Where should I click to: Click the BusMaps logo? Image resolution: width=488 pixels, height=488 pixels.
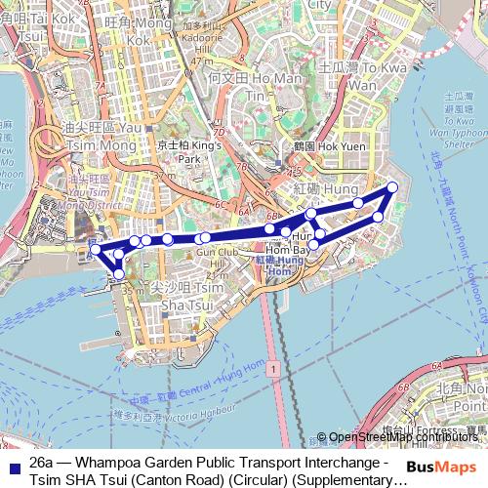[x=443, y=466]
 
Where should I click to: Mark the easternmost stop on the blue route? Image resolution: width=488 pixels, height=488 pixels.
[x=393, y=186]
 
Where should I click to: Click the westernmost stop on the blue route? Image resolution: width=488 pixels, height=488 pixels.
[x=96, y=250]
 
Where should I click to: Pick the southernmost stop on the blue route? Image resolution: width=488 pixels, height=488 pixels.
[x=119, y=274]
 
